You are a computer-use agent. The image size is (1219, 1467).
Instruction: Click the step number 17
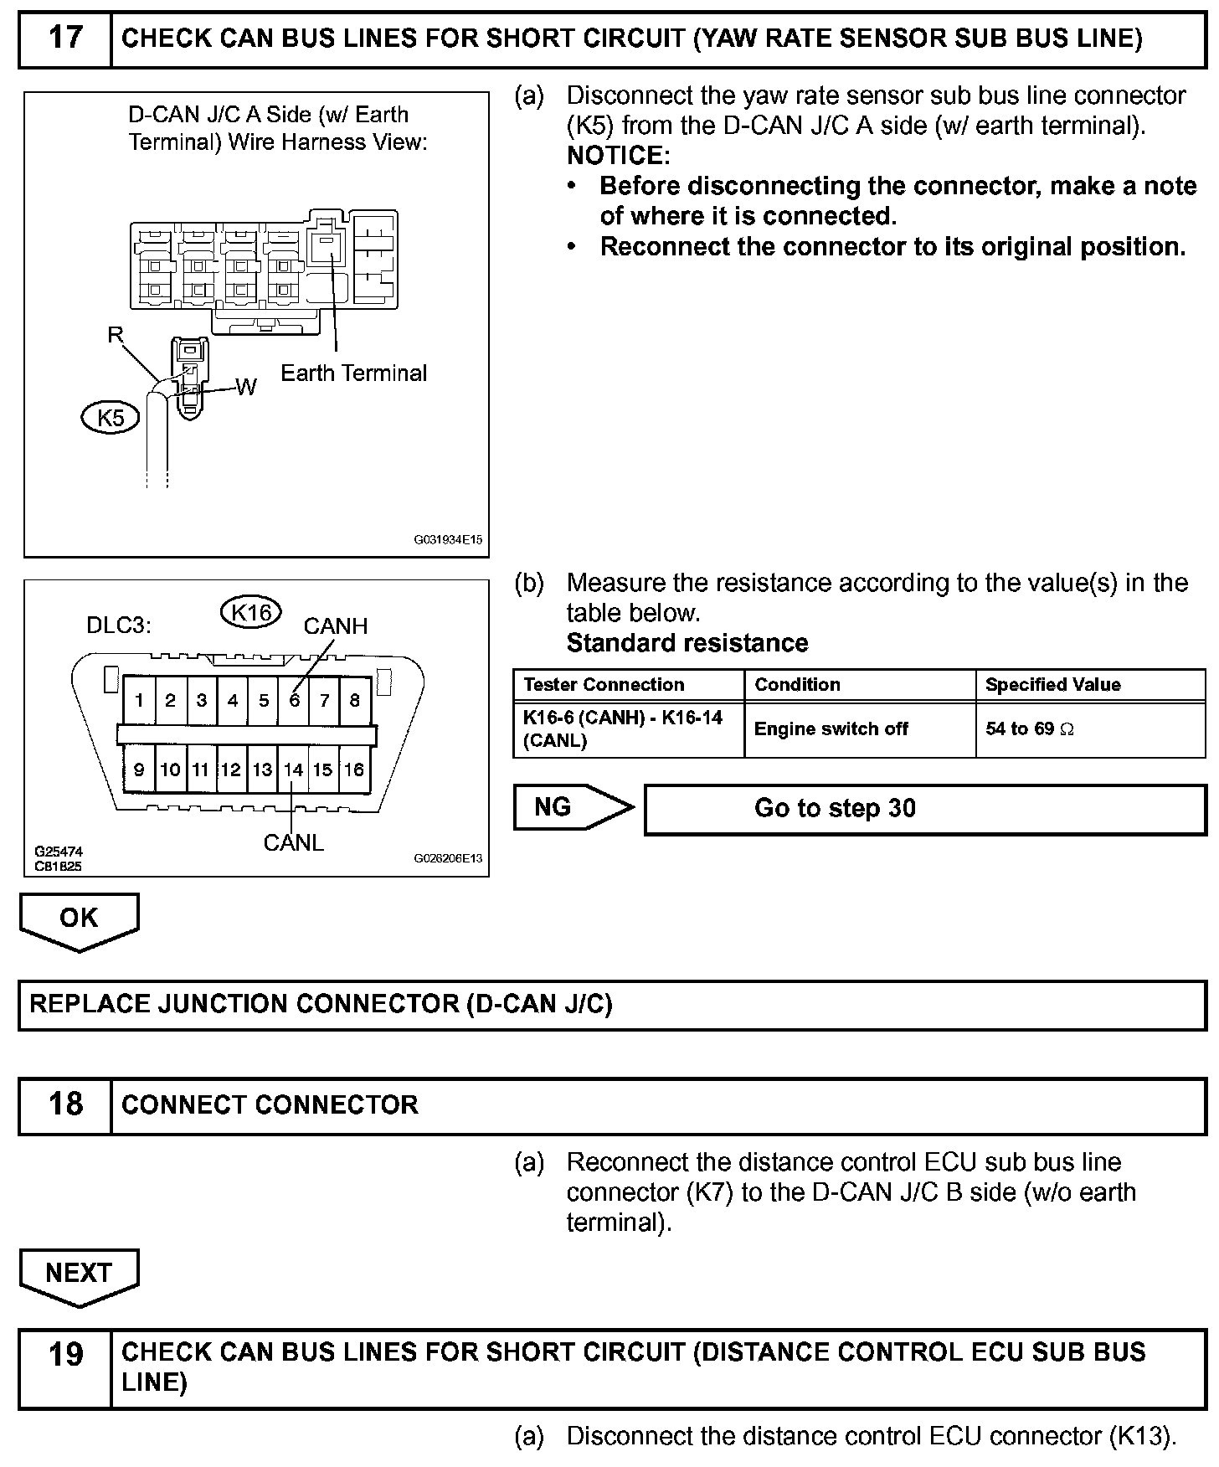point(65,39)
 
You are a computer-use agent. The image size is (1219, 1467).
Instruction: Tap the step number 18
point(65,1104)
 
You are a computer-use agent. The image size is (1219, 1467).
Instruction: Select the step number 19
point(65,1354)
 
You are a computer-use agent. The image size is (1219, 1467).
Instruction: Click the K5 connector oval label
point(111,417)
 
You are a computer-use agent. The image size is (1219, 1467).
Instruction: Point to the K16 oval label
point(251,613)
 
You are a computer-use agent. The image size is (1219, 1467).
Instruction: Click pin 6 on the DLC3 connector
point(294,700)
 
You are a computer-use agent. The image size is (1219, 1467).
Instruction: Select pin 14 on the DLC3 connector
point(293,770)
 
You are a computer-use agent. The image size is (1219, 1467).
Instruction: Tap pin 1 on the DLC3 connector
point(139,700)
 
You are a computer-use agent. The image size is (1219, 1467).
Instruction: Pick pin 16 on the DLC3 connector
point(354,770)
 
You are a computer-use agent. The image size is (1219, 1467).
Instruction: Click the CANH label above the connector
point(335,626)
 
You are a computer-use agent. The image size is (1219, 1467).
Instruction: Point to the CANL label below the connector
point(293,842)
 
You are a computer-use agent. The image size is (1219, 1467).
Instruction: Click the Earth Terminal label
point(353,373)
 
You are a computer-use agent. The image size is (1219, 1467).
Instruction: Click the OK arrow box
point(79,919)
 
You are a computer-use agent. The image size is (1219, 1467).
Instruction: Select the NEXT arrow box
point(79,1274)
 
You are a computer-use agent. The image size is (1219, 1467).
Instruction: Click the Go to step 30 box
point(924,809)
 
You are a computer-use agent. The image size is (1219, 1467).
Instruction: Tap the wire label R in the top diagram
point(116,336)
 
